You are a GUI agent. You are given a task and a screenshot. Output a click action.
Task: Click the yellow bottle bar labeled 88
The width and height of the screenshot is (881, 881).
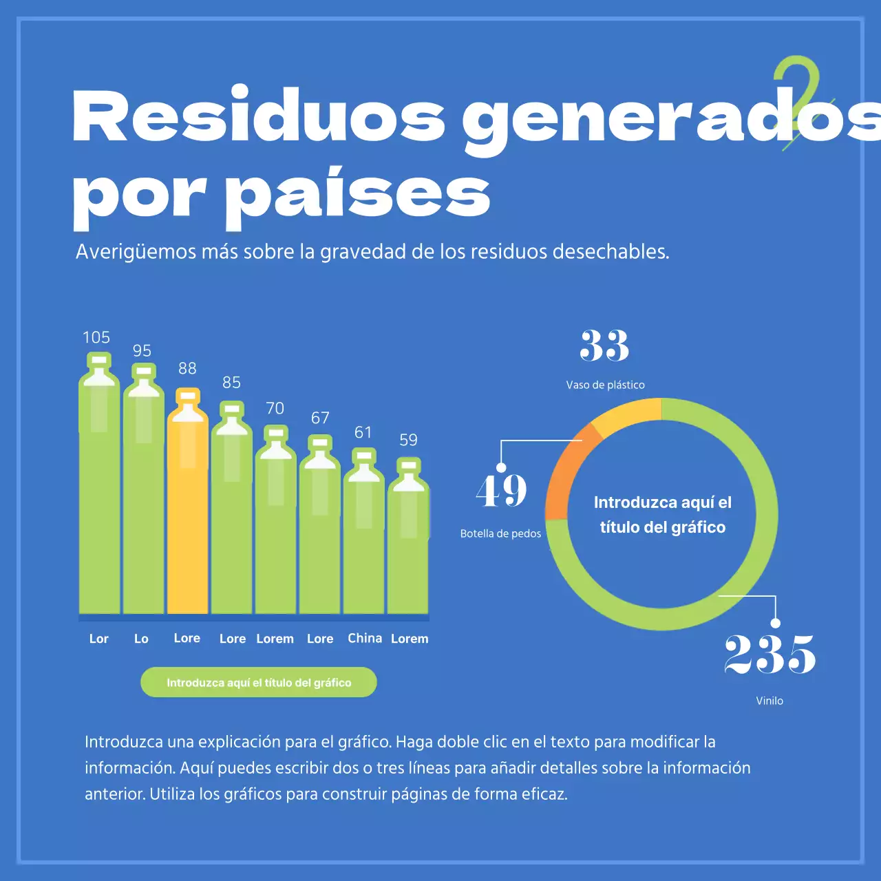pyautogui.click(x=187, y=509)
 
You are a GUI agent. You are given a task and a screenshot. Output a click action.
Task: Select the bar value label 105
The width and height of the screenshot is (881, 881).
pyautogui.click(x=96, y=337)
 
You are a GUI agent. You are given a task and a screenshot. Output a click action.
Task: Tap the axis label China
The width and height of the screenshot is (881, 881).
pyautogui.click(x=365, y=638)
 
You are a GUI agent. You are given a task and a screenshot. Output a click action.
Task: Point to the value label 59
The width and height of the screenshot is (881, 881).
pyautogui.click(x=408, y=440)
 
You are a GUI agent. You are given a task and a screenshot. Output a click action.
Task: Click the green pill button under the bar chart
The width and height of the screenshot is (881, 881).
pyautogui.click(x=259, y=682)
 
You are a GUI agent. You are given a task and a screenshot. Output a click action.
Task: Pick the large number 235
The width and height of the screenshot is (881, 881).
pyautogui.click(x=769, y=654)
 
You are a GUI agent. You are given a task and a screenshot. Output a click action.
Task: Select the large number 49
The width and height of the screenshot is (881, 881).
pyautogui.click(x=501, y=491)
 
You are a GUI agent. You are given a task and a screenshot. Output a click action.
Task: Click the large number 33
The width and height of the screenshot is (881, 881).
pyautogui.click(x=604, y=346)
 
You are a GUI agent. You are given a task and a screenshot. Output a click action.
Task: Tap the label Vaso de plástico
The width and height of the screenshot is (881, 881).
pyautogui.click(x=605, y=385)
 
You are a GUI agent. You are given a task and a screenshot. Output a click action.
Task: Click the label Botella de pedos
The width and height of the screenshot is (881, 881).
pyautogui.click(x=500, y=533)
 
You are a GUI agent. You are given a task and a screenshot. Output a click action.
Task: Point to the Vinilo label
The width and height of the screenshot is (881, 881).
pyautogui.click(x=769, y=701)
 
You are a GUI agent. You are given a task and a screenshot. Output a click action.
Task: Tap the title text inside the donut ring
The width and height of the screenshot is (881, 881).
pyautogui.click(x=662, y=515)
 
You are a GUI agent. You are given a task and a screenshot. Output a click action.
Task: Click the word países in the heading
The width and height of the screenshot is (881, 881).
pyautogui.click(x=358, y=194)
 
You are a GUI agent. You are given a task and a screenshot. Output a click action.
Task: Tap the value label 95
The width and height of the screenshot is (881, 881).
pyautogui.click(x=142, y=350)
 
